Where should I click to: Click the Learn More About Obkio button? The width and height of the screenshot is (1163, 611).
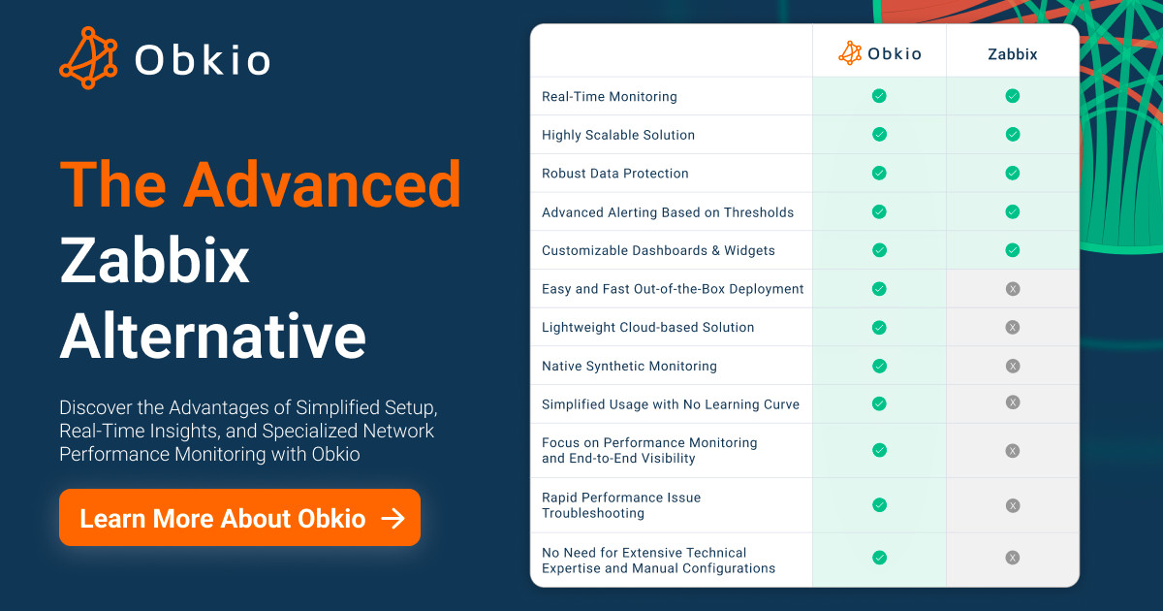[240, 518]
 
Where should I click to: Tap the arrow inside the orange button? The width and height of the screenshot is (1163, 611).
[393, 518]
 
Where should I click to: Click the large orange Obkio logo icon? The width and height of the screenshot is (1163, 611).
[88, 57]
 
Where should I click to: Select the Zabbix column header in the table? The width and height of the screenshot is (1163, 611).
[1013, 54]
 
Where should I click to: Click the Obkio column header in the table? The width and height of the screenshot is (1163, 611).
[880, 53]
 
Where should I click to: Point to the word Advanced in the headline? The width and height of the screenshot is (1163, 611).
[323, 184]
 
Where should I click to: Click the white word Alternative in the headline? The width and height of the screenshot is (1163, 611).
[213, 336]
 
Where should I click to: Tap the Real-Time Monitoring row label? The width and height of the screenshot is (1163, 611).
[610, 97]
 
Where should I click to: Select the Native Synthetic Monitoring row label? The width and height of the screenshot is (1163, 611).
[629, 366]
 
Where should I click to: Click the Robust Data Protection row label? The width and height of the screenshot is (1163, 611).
[615, 173]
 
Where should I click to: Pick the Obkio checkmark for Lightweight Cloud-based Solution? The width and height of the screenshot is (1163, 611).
[879, 328]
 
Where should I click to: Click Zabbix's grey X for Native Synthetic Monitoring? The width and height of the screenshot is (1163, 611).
[1013, 367]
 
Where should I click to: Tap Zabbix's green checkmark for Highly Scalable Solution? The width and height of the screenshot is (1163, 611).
[1013, 135]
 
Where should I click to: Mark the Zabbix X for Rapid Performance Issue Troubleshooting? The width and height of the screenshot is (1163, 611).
[1013, 505]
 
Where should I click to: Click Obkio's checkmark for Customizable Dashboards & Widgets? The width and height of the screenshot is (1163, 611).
[879, 250]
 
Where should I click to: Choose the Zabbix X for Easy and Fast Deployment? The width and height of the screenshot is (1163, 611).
[1013, 289]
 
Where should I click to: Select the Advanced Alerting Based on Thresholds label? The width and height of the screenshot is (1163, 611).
[668, 212]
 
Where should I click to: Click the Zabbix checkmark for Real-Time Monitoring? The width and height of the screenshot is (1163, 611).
[1013, 96]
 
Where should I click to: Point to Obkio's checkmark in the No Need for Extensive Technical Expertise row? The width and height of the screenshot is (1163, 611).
[879, 558]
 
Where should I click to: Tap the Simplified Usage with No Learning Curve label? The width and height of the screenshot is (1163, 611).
[671, 404]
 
